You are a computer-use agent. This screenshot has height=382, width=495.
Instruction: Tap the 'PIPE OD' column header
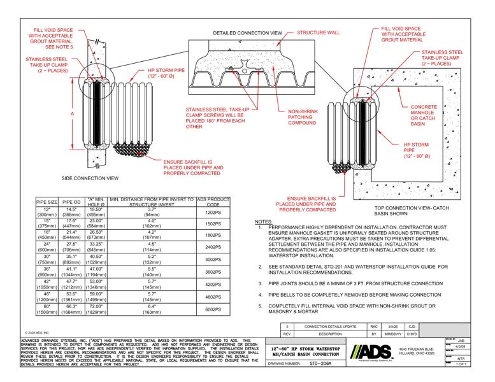click(71, 202)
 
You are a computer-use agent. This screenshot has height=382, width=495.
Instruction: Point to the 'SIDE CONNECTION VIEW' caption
click(90, 178)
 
